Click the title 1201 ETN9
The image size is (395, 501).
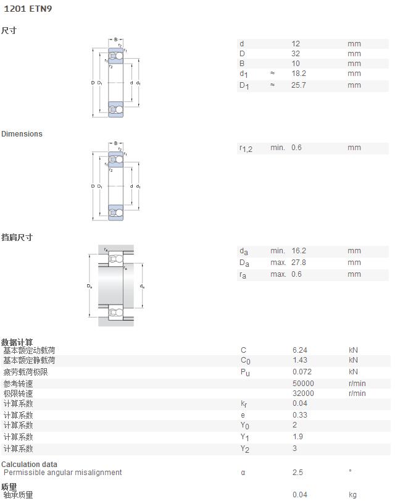point(28,9)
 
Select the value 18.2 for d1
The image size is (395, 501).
point(299,74)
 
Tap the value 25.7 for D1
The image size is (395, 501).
point(299,85)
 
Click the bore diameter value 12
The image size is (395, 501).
point(296,43)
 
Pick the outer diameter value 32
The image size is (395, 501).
point(296,53)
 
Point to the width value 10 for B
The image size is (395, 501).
point(296,63)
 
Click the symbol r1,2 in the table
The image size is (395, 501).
point(246,148)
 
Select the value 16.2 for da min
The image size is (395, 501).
point(299,251)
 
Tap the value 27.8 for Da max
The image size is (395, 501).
point(299,263)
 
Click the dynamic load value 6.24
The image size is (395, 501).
point(300,350)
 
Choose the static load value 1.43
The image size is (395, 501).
point(300,360)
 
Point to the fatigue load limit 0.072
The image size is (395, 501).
point(302,372)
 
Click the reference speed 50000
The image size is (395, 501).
point(304,384)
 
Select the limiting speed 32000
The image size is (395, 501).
point(304,394)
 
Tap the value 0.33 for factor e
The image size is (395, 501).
point(300,415)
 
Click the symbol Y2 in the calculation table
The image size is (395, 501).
point(245,449)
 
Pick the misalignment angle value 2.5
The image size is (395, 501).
point(297,472)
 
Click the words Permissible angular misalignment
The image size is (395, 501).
point(63,472)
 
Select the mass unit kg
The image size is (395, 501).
point(353,495)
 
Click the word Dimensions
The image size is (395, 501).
point(22,133)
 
